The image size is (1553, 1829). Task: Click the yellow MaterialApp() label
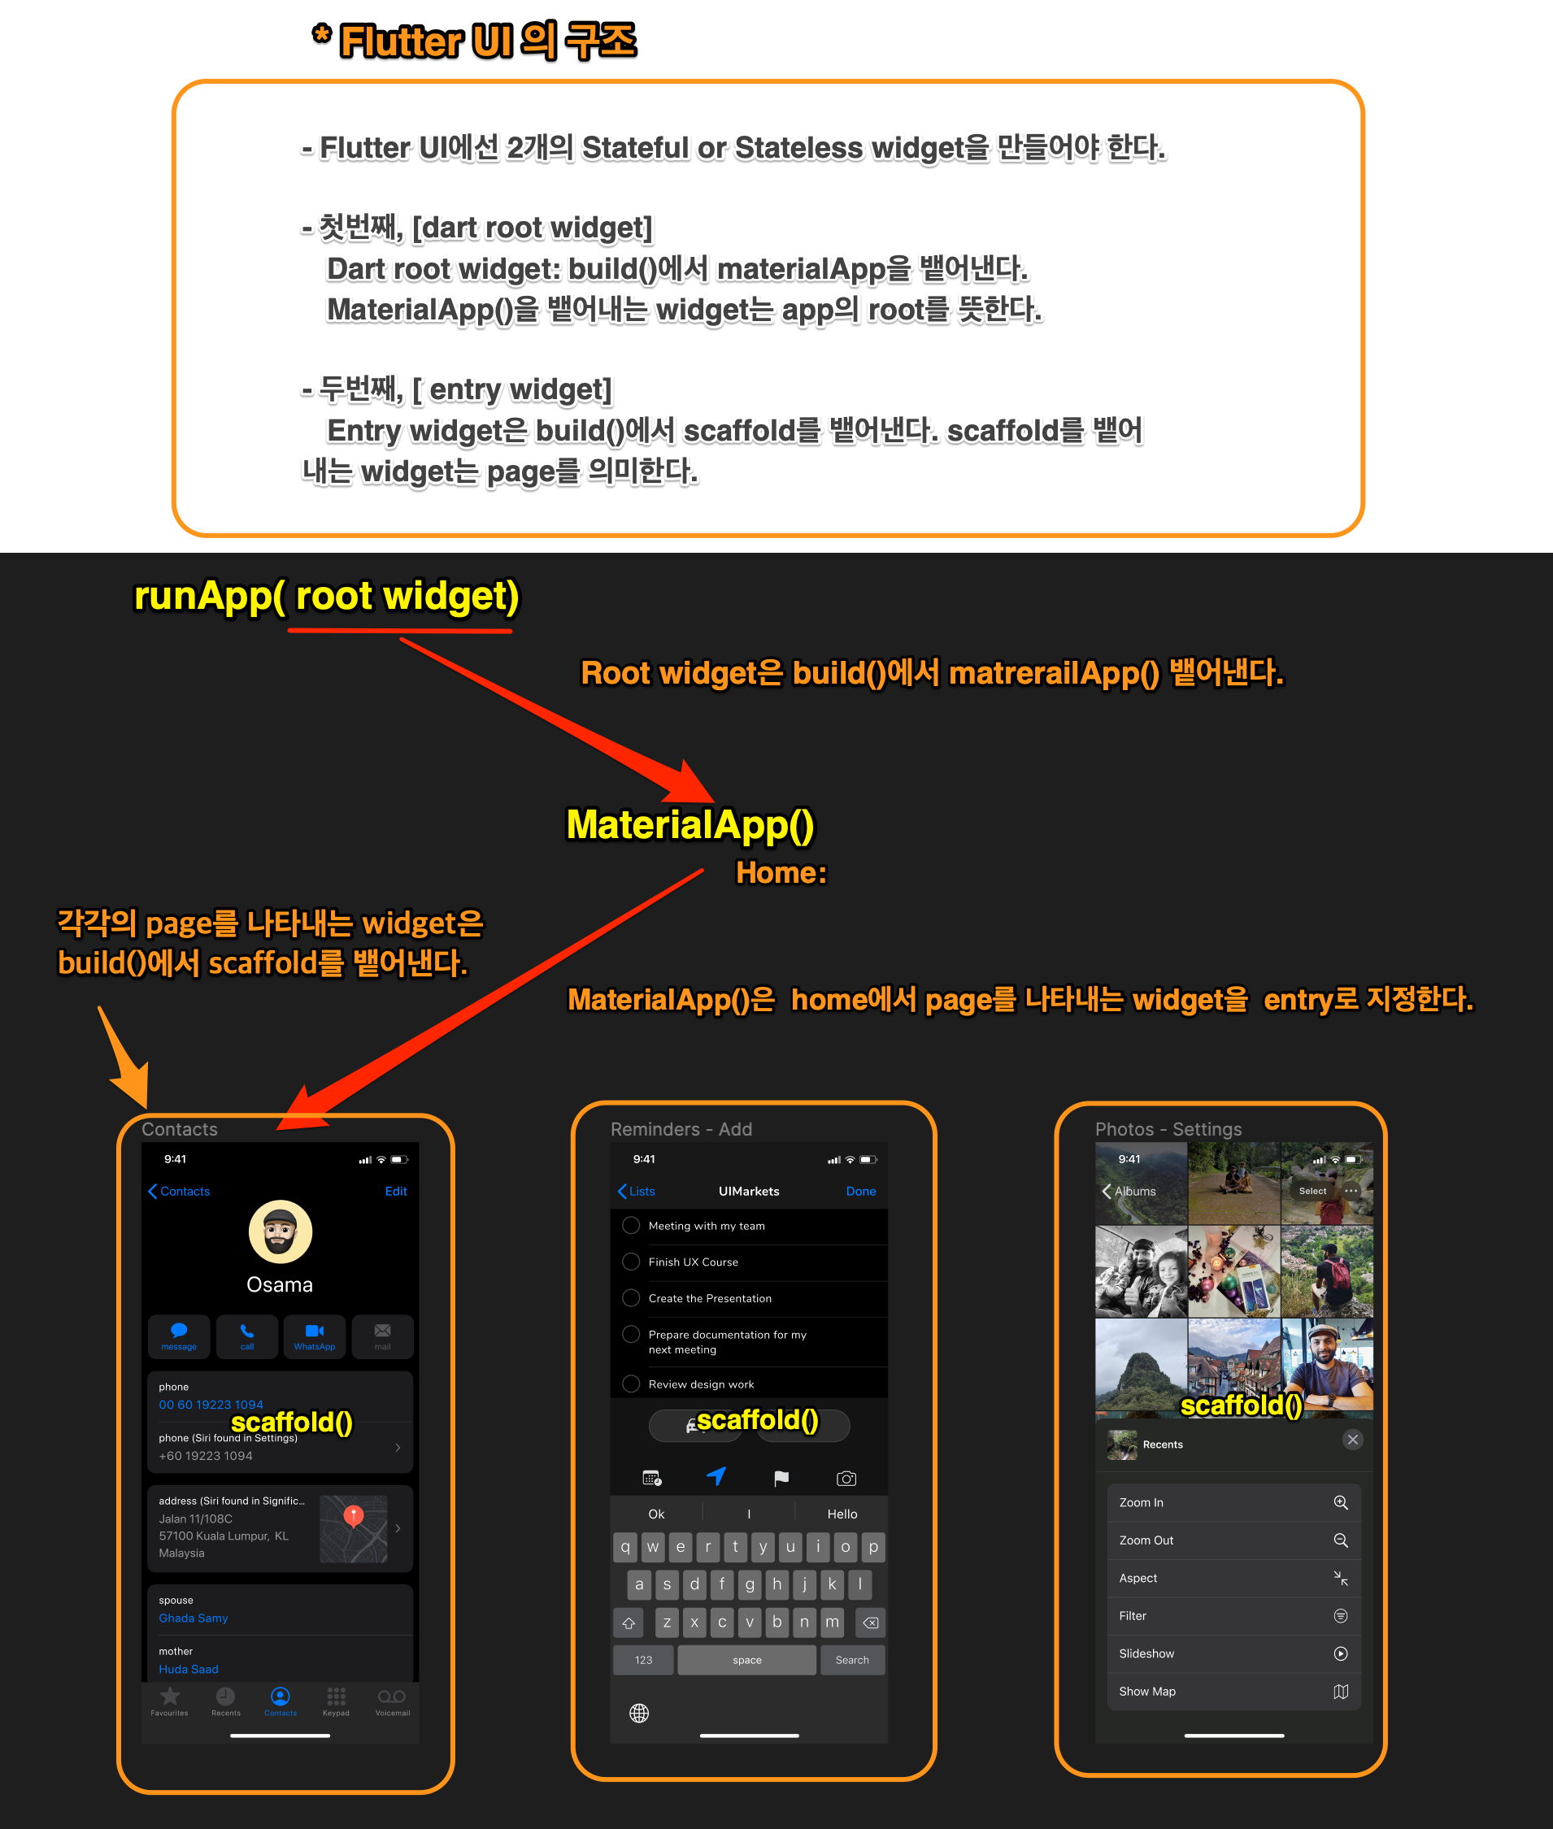tap(689, 826)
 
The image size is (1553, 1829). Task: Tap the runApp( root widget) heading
tap(326, 597)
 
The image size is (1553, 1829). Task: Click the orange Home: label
tap(781, 873)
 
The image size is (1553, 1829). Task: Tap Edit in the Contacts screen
tap(395, 1191)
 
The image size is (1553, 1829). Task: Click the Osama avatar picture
tap(280, 1232)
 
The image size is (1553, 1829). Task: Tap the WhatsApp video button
tap(315, 1336)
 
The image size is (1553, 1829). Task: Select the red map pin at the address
tap(353, 1514)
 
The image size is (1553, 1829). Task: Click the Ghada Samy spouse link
tap(194, 1618)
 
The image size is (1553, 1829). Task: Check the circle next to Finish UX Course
tap(630, 1262)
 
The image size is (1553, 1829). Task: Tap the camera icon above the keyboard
tap(846, 1479)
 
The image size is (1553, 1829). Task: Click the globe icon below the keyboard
tap(639, 1713)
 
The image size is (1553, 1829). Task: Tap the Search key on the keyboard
tap(851, 1660)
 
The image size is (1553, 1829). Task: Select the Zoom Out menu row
tap(1233, 1540)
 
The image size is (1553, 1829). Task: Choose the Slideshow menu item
tap(1233, 1654)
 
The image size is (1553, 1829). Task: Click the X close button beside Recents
tap(1352, 1440)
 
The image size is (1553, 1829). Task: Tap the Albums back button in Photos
tap(1129, 1191)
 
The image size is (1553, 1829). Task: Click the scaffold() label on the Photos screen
tap(1241, 1405)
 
